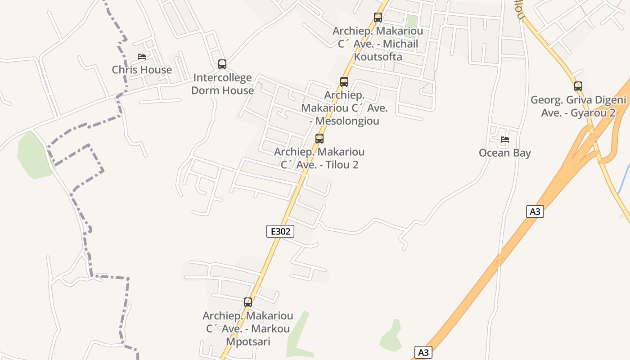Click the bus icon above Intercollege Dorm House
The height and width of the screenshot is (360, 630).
click(222, 64)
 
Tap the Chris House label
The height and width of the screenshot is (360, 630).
click(142, 70)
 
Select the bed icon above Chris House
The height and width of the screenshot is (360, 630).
click(142, 57)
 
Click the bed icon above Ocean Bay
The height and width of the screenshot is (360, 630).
click(505, 139)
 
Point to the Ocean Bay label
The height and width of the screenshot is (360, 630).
click(505, 153)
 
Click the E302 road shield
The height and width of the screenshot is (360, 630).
click(280, 231)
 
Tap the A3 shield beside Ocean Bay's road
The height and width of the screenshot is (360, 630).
click(535, 211)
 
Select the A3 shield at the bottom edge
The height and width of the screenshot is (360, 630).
click(423, 352)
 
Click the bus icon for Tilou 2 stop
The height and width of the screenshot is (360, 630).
click(319, 139)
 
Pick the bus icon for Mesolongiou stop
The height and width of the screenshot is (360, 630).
click(344, 82)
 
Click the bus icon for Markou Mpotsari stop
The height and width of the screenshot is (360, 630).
click(248, 302)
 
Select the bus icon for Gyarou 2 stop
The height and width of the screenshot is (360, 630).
click(578, 86)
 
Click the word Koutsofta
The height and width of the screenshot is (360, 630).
click(378, 57)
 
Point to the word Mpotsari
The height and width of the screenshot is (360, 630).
click(248, 342)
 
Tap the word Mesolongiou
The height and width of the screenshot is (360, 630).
click(347, 121)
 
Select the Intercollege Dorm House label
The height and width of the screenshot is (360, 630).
click(222, 84)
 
